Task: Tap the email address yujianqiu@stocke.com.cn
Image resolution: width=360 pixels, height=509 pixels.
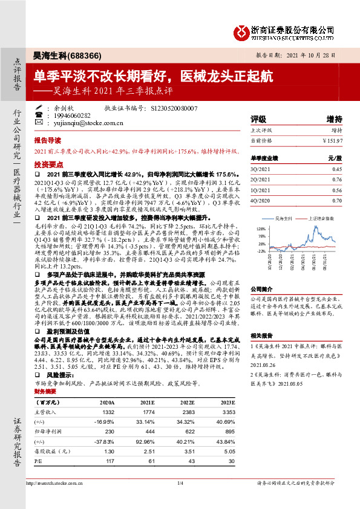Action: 88,123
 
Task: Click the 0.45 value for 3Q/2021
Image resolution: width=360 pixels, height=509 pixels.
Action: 337,169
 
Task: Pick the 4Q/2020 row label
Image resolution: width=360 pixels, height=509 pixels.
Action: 261,200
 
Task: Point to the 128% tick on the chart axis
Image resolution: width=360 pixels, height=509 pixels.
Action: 262,229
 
